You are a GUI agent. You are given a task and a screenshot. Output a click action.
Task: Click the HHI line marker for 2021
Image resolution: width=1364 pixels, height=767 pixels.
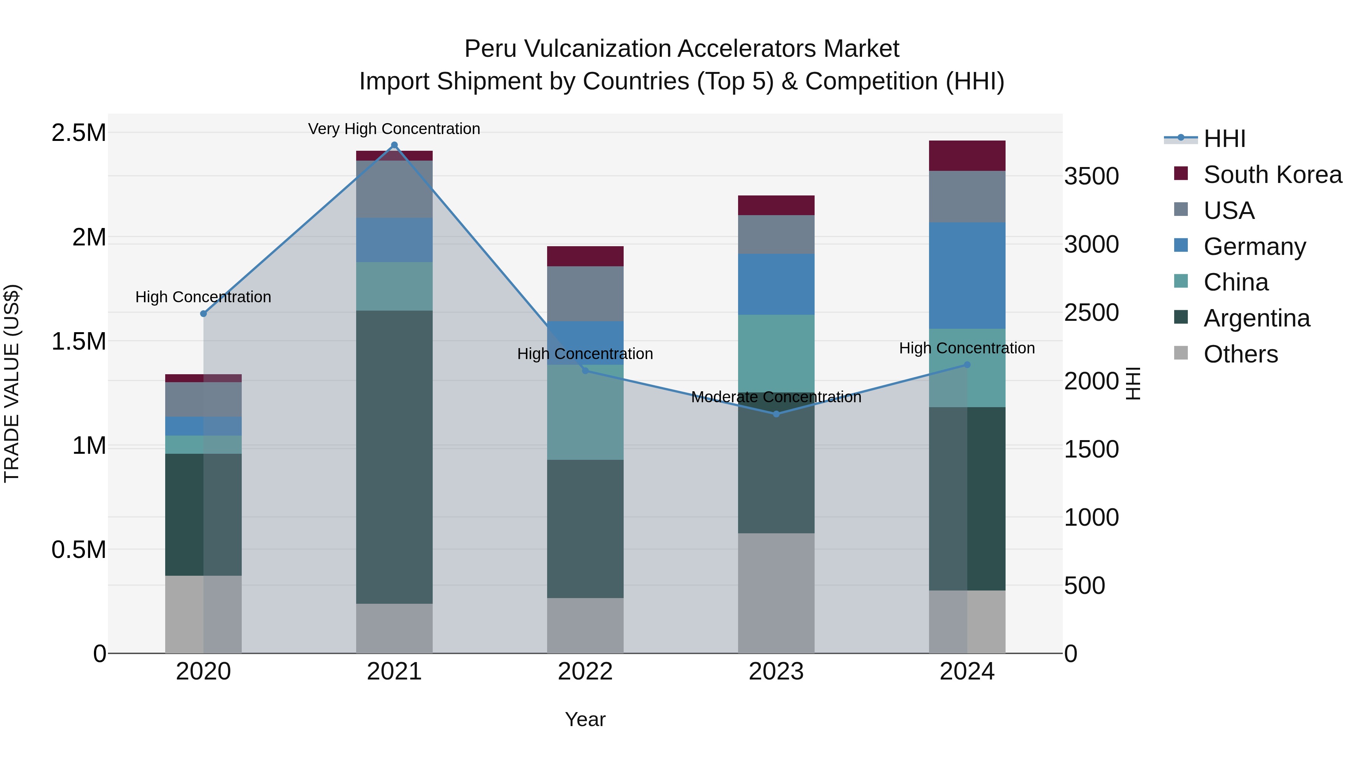tap(394, 145)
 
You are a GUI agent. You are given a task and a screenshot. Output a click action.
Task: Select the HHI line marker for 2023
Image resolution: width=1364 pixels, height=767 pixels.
tap(776, 414)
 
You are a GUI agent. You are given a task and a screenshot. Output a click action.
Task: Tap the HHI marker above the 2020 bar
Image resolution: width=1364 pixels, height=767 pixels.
tap(203, 313)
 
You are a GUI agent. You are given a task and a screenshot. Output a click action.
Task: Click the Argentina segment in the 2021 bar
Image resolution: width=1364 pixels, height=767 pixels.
tap(394, 456)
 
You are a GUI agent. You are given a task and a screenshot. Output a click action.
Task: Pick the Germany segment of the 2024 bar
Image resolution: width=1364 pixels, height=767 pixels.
tap(967, 275)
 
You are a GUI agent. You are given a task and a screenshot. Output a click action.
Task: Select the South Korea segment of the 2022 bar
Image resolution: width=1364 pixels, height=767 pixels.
tap(585, 256)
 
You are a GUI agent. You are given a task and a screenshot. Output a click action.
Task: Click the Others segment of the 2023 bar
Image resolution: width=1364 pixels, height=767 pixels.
tap(776, 593)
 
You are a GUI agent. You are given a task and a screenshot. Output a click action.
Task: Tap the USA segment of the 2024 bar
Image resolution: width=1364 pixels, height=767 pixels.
tap(967, 196)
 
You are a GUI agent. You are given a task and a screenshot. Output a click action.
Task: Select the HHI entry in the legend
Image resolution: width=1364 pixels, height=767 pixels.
tap(1224, 139)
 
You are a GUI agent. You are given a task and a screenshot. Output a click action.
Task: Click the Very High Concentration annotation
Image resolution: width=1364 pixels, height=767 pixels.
tap(394, 129)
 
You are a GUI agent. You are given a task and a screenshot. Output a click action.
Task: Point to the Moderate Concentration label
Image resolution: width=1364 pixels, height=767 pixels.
tap(776, 397)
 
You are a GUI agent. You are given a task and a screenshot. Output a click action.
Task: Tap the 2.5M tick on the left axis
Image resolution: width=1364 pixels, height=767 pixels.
tap(79, 133)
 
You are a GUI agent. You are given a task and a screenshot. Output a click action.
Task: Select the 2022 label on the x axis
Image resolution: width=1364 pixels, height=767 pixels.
tap(585, 672)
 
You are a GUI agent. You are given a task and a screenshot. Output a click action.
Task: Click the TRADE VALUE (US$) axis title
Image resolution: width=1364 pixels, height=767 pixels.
tap(12, 383)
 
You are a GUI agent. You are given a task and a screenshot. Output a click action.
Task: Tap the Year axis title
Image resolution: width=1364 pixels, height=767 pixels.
tap(585, 719)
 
